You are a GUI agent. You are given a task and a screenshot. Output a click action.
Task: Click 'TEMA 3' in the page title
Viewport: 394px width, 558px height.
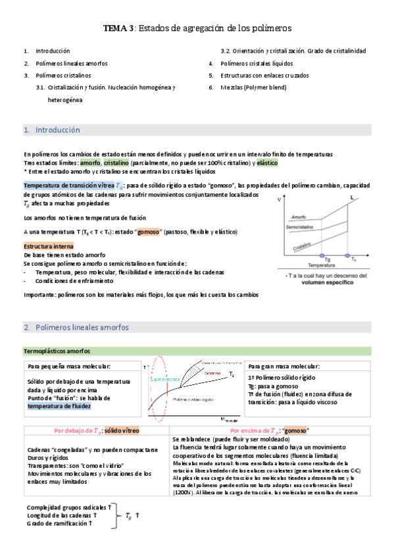coord(118,29)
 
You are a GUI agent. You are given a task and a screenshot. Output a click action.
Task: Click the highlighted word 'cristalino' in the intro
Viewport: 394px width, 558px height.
coord(116,162)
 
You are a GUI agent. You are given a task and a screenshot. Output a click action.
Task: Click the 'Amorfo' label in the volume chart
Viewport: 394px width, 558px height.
coord(299,216)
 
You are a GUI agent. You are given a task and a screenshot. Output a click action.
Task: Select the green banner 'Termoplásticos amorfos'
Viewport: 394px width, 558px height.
coord(57,351)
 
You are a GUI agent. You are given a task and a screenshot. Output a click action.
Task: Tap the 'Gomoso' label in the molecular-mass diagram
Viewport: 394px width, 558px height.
coord(212,373)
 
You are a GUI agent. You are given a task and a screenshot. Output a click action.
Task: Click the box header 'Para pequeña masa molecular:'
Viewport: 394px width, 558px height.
coord(69,366)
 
